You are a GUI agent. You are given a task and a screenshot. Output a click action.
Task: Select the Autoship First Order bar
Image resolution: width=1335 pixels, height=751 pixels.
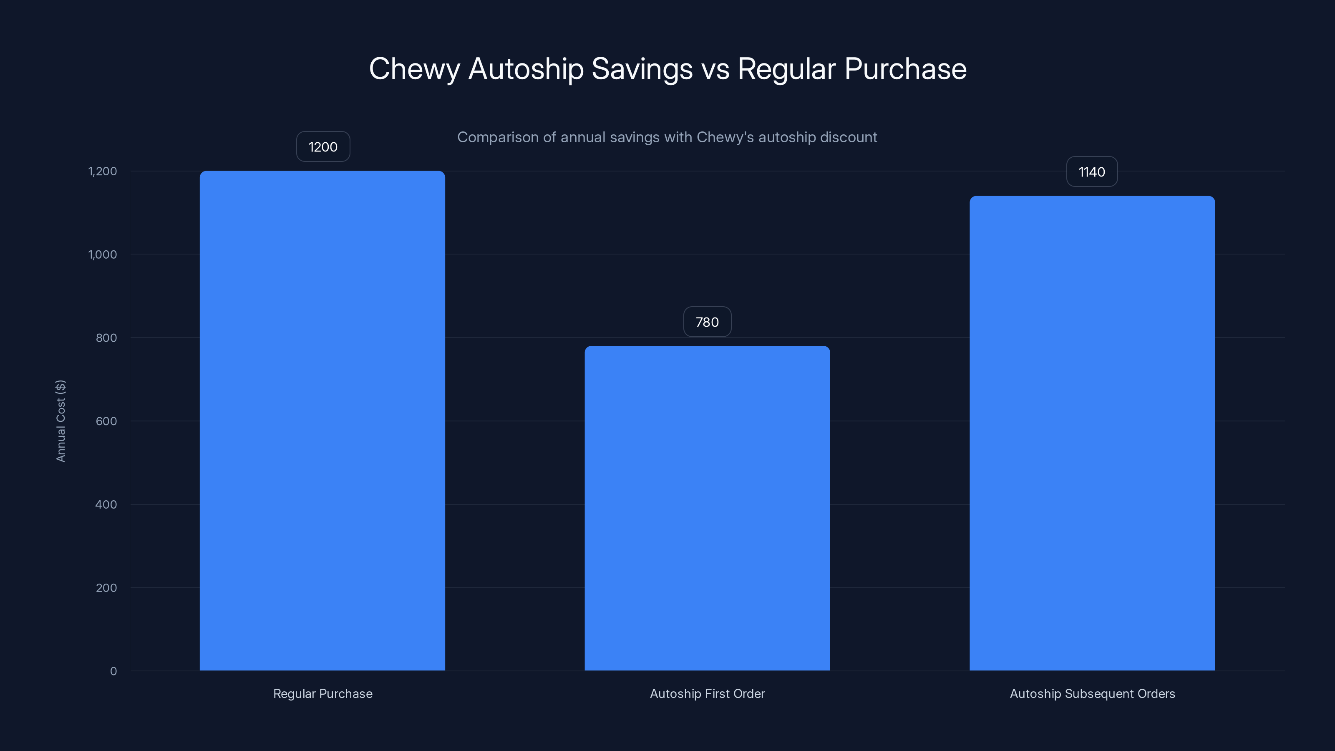(707, 508)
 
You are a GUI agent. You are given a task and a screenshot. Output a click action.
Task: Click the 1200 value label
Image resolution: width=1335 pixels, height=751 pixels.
(323, 147)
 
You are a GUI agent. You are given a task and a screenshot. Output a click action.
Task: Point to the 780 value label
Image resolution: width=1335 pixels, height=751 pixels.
(707, 322)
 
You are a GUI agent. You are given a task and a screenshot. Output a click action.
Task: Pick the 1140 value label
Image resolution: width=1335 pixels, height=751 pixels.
(1091, 171)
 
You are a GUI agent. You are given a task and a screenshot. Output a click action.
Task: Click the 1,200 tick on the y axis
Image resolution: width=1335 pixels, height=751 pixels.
(103, 171)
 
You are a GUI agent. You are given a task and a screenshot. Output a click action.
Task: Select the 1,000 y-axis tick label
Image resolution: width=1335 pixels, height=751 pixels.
(103, 255)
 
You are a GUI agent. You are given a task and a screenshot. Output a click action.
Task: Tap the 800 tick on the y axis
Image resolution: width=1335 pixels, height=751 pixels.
(106, 338)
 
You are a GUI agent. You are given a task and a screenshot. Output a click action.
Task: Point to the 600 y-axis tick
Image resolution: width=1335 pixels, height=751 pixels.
(106, 421)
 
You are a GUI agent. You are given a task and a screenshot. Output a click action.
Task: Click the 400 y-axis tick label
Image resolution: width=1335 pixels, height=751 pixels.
(106, 504)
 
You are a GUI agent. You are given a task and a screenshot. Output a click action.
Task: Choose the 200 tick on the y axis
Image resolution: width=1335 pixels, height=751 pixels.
(106, 588)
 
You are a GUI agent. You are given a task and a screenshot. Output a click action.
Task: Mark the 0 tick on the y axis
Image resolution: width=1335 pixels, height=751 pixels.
(113, 671)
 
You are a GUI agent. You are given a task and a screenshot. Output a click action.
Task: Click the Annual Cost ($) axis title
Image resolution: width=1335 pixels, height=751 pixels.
(60, 421)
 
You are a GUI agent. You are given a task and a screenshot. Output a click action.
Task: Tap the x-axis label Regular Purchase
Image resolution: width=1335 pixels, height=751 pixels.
(322, 693)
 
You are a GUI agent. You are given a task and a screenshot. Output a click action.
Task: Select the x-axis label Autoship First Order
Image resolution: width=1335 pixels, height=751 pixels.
(707, 693)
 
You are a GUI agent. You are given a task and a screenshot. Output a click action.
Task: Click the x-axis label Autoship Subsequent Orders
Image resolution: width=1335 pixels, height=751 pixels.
(1092, 693)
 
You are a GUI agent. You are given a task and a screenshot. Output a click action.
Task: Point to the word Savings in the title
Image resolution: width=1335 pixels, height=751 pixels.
(642, 69)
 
